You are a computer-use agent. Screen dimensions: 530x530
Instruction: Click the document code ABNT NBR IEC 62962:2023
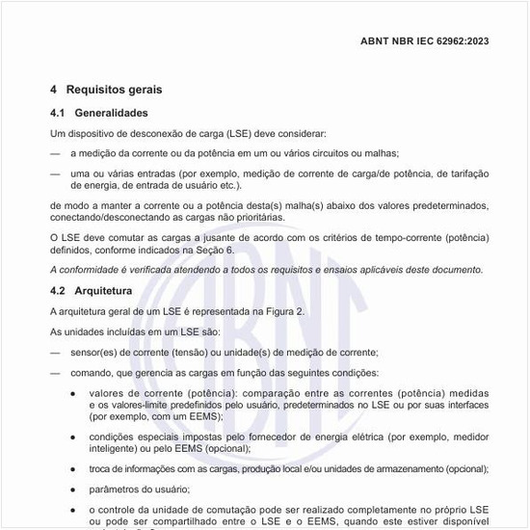point(424,41)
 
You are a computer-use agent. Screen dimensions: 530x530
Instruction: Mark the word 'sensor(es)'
point(93,352)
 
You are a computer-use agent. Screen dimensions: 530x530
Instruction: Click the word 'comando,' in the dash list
point(92,373)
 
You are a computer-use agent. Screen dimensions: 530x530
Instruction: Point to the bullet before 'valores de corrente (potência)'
point(73,394)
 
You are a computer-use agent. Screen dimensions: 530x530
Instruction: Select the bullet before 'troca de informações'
point(73,469)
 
